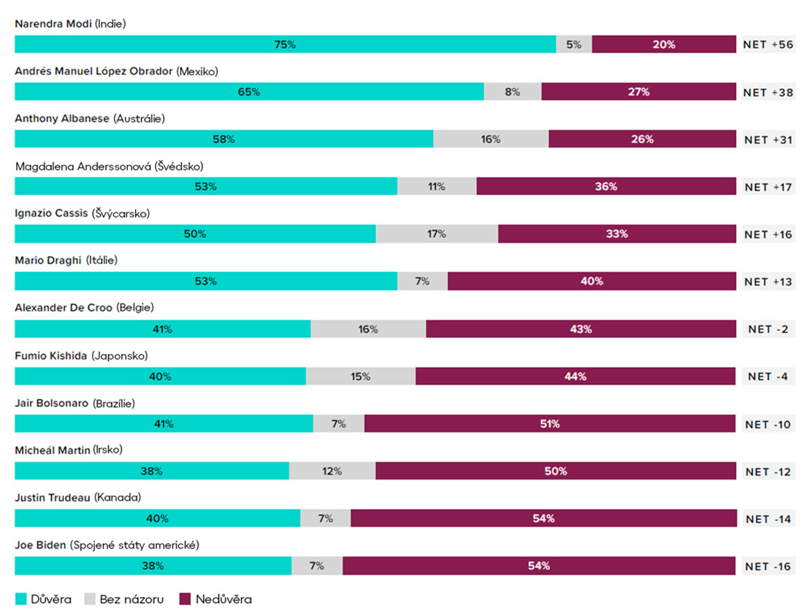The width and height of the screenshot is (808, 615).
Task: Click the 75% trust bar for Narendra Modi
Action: [285, 44]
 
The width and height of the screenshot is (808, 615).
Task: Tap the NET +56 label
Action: [768, 45]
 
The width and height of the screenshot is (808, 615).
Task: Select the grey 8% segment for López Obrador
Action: [513, 92]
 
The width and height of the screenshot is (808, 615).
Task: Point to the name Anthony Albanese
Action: [62, 119]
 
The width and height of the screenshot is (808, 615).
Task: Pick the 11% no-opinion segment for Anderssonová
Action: [437, 186]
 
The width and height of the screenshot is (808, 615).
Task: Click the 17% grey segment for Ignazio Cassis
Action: [437, 234]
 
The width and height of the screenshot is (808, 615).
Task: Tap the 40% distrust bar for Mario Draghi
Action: [592, 281]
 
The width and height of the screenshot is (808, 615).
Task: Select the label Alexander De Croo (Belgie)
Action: [84, 307]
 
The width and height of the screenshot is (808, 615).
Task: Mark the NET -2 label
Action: [768, 329]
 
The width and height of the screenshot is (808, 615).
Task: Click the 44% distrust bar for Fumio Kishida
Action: [575, 376]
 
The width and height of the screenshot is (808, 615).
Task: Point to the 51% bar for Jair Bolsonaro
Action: [550, 423]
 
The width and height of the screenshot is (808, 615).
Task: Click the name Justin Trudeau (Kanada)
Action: [78, 497]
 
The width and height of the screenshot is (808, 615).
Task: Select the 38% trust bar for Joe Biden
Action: [153, 566]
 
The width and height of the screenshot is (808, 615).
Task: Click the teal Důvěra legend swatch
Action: [21, 599]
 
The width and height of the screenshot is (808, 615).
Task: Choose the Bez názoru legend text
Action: [132, 599]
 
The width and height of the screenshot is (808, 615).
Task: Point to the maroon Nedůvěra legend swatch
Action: [185, 599]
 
